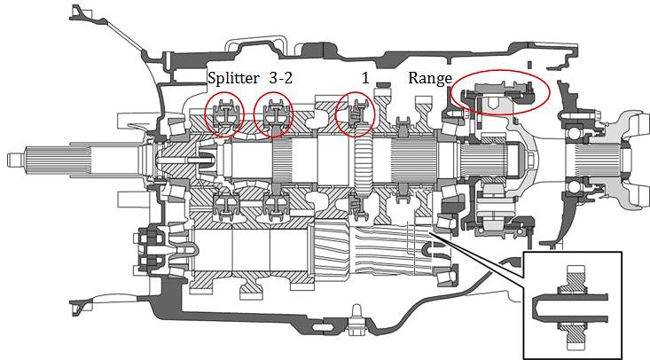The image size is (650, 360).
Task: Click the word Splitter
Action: click(234, 78)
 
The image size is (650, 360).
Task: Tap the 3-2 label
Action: click(281, 78)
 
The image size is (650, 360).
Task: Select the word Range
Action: click(429, 78)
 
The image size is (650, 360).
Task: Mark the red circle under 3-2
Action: click(272, 113)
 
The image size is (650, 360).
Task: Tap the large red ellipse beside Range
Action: click(501, 92)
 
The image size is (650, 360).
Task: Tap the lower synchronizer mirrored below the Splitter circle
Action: click(223, 206)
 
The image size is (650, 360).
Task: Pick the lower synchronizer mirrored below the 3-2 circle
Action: click(272, 206)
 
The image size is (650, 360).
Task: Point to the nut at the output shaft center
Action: click(529, 160)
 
